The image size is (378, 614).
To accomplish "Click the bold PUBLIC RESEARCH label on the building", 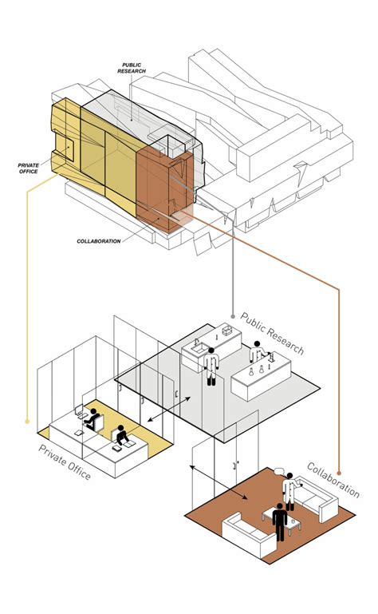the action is [132, 68].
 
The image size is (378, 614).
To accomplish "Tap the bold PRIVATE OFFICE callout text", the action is [29, 168].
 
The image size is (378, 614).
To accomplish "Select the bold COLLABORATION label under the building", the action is [99, 241].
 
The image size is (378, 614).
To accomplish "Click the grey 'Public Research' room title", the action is [272, 333].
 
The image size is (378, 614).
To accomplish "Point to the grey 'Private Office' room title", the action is [65, 462].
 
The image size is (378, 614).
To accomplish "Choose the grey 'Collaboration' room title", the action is [333, 480].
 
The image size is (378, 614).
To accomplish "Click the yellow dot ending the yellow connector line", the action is [27, 422].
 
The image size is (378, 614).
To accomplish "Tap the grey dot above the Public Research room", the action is [233, 316].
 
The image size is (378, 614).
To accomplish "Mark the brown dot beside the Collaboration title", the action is [339, 473].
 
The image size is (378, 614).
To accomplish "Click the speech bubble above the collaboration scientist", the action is [278, 470].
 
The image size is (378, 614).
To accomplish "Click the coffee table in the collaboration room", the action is [282, 521].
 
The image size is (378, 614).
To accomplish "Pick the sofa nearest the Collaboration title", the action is [315, 498].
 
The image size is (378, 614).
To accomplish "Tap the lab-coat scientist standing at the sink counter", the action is [211, 366].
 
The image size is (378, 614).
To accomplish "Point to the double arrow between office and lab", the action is [169, 410].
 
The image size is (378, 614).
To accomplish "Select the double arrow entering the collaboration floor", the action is [219, 482].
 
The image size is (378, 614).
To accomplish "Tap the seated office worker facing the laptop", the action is [93, 418].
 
